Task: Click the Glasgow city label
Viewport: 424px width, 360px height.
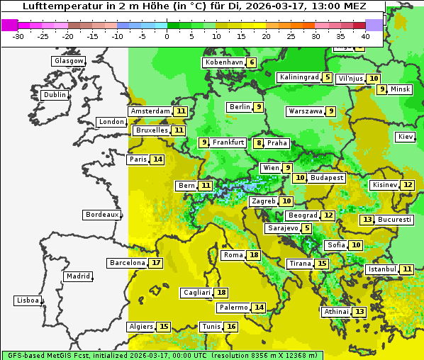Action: [68, 61]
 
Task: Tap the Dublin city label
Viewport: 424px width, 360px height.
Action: [54, 95]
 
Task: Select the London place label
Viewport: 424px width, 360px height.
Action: [111, 122]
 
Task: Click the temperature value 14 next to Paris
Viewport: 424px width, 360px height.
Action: [157, 159]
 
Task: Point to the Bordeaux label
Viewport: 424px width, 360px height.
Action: [102, 215]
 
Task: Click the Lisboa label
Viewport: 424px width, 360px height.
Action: [27, 300]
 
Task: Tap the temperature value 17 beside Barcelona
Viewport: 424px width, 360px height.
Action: [156, 263]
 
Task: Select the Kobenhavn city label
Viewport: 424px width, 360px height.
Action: [224, 62]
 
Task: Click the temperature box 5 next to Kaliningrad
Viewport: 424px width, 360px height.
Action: [327, 77]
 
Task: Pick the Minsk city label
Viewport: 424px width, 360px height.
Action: [401, 89]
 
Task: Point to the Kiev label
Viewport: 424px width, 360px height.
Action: [406, 137]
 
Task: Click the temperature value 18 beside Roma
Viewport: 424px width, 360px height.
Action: [254, 255]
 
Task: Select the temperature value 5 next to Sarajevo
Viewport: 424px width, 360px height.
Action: [306, 228]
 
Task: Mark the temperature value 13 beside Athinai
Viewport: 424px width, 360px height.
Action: [359, 312]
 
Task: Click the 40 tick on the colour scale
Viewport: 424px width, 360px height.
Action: [365, 36]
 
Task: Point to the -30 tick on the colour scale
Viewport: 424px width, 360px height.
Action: [18, 36]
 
